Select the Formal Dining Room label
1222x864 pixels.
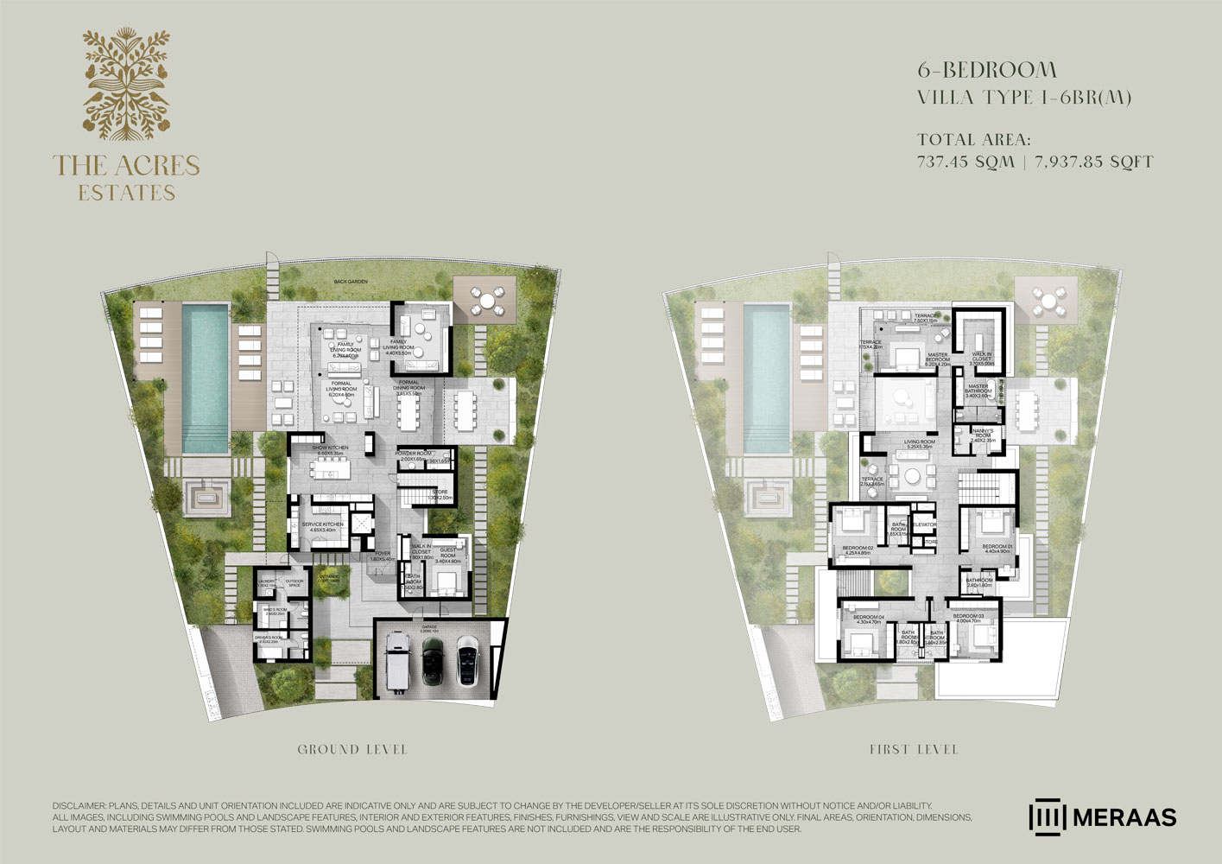(410, 385)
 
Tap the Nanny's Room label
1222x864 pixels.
(982, 435)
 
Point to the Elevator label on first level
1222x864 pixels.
(925, 524)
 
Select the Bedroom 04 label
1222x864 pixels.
(867, 619)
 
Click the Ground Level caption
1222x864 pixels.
(352, 749)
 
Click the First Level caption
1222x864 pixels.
(914, 749)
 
